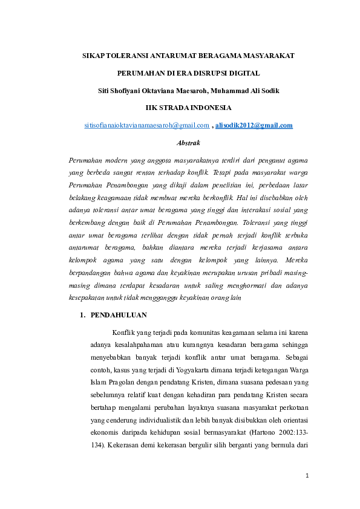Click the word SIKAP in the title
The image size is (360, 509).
pos(93,56)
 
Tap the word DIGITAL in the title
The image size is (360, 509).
pos(245,73)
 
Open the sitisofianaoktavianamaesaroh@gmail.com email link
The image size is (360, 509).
pos(146,125)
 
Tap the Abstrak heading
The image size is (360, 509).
pos(188,143)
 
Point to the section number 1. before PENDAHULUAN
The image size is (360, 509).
pos(83,315)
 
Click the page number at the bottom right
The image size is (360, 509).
pos(307,475)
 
